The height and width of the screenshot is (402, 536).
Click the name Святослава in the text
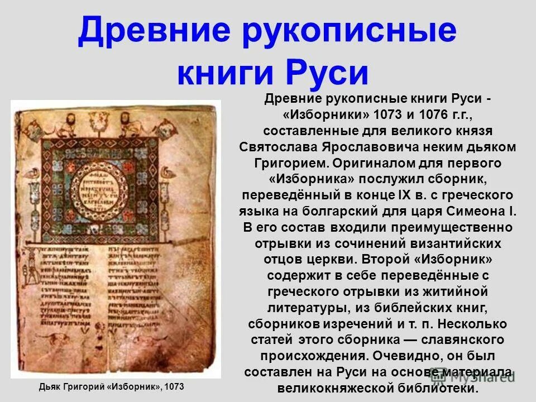pos(278,147)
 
